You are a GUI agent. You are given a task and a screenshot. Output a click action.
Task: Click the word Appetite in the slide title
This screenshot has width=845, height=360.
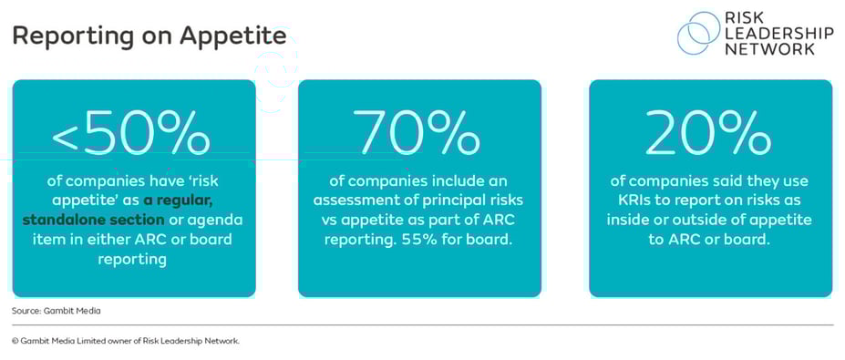[233, 36]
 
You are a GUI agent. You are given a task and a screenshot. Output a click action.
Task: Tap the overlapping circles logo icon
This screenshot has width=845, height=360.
[698, 34]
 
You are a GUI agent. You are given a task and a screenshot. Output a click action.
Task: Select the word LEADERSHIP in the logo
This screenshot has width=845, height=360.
[778, 34]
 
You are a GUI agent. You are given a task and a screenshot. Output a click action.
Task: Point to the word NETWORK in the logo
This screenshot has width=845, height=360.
[769, 49]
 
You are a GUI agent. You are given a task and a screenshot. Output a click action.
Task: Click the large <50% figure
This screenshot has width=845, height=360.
[131, 134]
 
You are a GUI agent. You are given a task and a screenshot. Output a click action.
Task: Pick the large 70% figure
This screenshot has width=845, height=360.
[419, 134]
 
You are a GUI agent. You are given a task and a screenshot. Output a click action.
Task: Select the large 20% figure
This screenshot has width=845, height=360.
[709, 134]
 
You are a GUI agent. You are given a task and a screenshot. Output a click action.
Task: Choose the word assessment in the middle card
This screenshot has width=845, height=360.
[350, 201]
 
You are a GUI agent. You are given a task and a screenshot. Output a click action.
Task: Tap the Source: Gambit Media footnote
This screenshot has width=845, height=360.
[56, 311]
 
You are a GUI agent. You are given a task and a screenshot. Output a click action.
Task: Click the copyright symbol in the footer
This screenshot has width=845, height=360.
[15, 341]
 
